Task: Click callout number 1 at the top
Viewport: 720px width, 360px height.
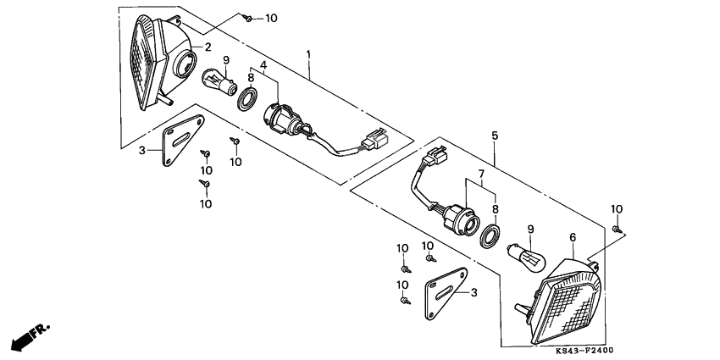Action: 309,55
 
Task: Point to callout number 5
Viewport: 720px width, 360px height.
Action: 494,135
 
